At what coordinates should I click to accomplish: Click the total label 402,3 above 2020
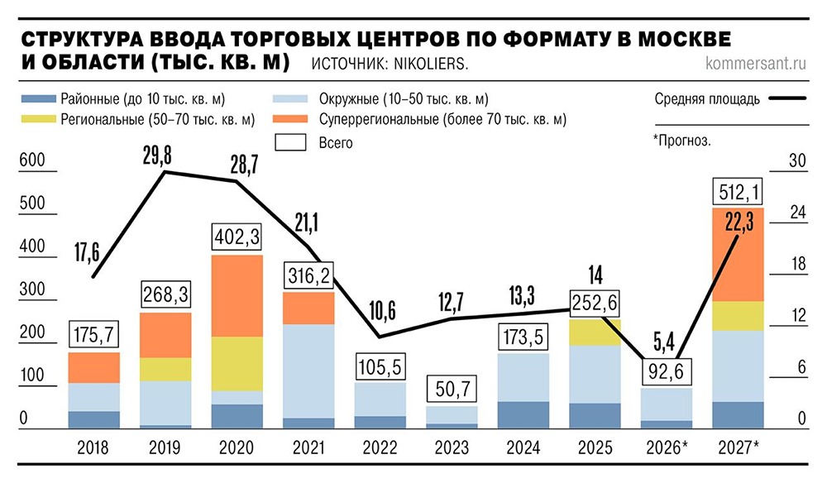[x=237, y=238]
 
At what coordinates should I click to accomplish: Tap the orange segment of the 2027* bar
[x=738, y=255]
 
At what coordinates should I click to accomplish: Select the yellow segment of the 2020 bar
[x=237, y=364]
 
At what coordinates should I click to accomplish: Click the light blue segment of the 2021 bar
[x=309, y=371]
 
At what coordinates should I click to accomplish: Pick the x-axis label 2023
[x=452, y=449]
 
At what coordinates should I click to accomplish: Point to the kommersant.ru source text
[x=755, y=64]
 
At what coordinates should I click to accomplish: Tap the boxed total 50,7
[x=452, y=390]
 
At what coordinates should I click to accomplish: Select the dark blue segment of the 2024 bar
[x=523, y=414]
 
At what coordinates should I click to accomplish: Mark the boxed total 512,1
[x=738, y=193]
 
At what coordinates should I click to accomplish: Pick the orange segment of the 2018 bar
[x=93, y=368]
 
